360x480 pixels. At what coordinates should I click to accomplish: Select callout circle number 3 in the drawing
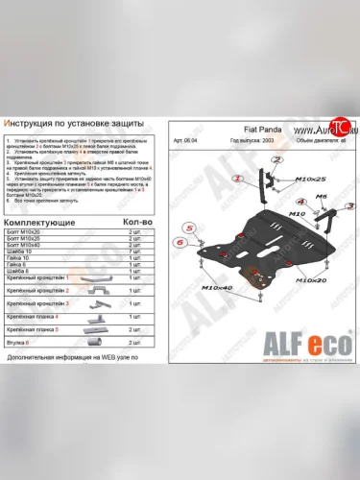tap(350, 205)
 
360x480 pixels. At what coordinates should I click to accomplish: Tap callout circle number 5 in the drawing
tap(190, 227)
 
